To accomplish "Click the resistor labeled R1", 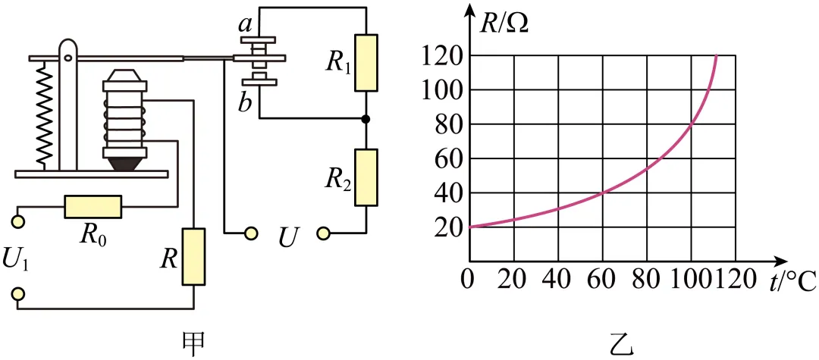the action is point(366,63).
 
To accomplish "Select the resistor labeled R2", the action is point(366,177).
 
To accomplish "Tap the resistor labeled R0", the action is point(93,207).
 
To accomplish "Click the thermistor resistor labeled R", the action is point(193,257).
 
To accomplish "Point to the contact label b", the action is point(244,103).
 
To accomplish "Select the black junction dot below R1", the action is point(366,119).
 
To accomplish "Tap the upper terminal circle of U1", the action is point(18,222).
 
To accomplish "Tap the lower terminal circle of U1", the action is point(18,295).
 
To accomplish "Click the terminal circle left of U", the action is point(251,232).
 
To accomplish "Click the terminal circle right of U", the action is point(323,232).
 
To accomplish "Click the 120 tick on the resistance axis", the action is point(447,56).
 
